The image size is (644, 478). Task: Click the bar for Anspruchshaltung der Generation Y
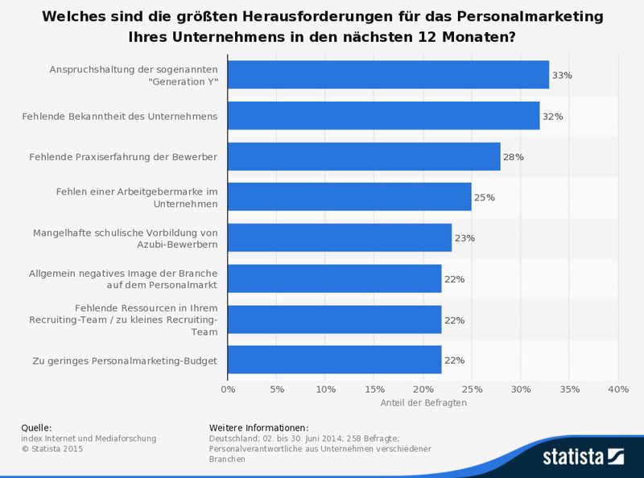tap(388, 75)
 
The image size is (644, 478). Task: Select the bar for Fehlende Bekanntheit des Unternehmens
tap(383, 116)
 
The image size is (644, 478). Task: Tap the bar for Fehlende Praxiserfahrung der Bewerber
tap(364, 157)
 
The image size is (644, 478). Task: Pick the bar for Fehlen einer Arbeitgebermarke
tap(349, 197)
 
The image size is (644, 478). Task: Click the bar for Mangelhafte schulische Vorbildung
tap(340, 238)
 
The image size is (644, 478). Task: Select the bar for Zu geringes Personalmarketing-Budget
tap(335, 361)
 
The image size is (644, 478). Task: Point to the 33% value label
tap(562, 75)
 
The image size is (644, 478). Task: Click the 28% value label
tap(513, 157)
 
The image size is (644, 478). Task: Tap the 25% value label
tap(484, 198)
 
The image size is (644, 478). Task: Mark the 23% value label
tap(464, 239)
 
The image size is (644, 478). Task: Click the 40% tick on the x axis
tap(617, 389)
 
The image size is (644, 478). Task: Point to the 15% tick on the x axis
tap(374, 389)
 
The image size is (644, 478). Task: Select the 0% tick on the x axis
tap(228, 389)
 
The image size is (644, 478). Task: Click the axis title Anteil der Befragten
tap(423, 402)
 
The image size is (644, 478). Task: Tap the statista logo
tap(583, 456)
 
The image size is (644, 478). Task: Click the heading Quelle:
tap(37, 427)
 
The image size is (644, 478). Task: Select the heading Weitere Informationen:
tap(258, 427)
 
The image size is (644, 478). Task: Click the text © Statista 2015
tap(52, 449)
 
